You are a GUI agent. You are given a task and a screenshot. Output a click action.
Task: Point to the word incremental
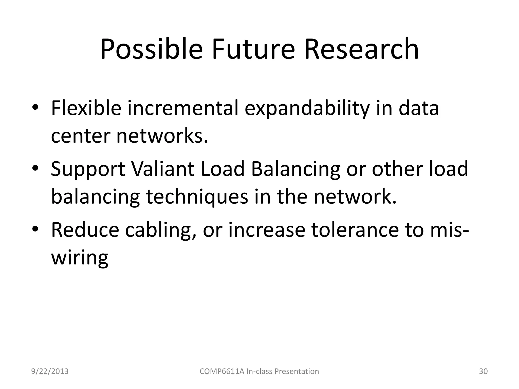point(183,108)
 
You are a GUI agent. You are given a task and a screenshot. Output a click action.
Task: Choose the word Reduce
point(85,230)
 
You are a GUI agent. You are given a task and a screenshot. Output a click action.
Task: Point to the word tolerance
point(355,230)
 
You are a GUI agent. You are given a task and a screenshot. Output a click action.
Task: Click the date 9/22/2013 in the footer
point(50,371)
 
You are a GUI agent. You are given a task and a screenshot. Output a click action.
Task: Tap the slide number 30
point(483,371)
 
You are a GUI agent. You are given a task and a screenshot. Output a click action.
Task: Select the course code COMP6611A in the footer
point(222,371)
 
